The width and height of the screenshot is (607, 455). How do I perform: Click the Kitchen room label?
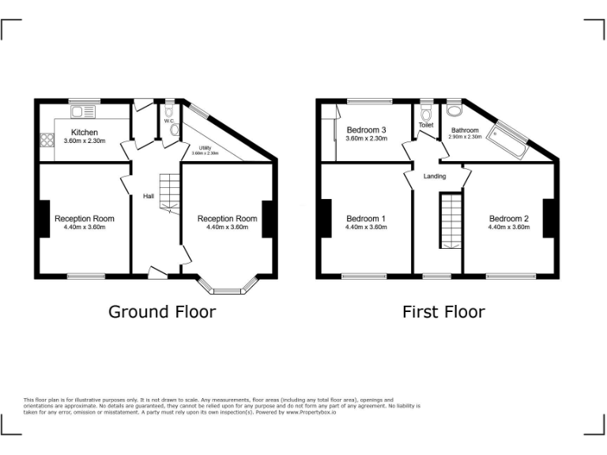pyautogui.click(x=85, y=132)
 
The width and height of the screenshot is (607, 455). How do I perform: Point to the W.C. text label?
pyautogui.click(x=169, y=121)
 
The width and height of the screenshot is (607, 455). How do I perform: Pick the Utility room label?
pyautogui.click(x=205, y=147)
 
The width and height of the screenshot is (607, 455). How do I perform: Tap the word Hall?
pyautogui.click(x=148, y=196)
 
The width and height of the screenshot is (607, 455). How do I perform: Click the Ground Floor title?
pyautogui.click(x=161, y=312)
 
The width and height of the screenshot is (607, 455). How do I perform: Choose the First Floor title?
pyautogui.click(x=443, y=312)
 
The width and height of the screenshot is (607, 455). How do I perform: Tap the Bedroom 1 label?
pyautogui.click(x=365, y=219)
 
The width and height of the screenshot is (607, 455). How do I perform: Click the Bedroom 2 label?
pyautogui.click(x=508, y=219)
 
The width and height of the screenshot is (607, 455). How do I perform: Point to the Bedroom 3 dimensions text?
pyautogui.click(x=366, y=139)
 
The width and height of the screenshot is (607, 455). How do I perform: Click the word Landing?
pyautogui.click(x=435, y=176)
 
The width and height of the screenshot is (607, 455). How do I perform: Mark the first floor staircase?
pyautogui.click(x=450, y=221)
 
